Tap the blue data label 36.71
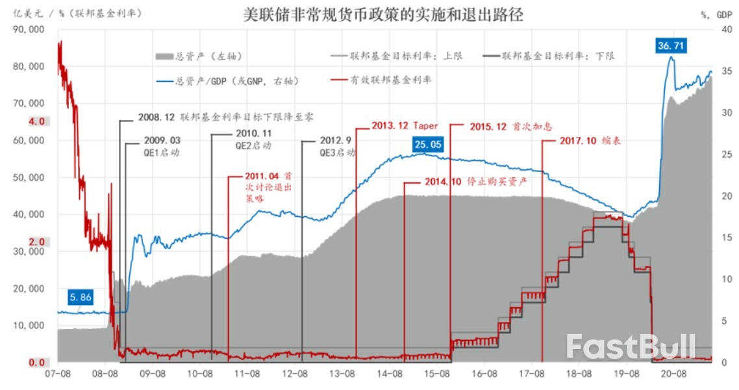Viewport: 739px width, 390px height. coord(670,46)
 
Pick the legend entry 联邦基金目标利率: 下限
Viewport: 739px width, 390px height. coord(548,56)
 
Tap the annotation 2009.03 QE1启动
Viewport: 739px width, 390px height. coord(161,147)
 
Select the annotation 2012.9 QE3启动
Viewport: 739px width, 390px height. coord(337,147)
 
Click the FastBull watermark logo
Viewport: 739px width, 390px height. coord(631,347)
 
